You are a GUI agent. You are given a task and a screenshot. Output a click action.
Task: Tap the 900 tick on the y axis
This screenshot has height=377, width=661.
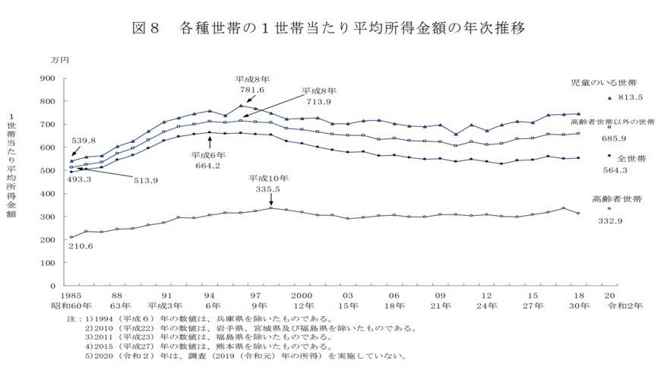(46, 78)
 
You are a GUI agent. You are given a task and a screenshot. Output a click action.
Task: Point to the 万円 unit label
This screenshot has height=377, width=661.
(58, 59)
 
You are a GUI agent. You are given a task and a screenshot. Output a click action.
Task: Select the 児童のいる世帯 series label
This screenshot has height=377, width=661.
(604, 81)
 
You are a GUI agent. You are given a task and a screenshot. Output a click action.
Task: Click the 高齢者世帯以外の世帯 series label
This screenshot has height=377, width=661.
(612, 122)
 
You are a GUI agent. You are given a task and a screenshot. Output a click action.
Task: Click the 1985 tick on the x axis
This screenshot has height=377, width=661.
(71, 294)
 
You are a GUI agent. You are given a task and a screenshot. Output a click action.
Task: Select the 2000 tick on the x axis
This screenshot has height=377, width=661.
(302, 294)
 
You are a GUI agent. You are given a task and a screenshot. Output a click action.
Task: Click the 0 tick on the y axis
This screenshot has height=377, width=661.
(54, 285)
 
